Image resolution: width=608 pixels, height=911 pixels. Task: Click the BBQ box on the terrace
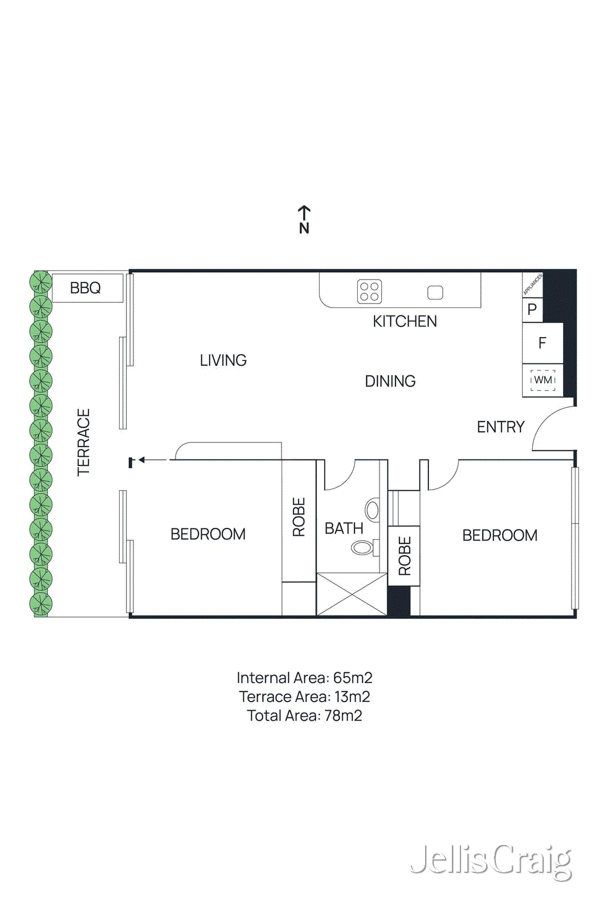87,288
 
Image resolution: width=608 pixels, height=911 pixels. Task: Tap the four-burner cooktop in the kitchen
369,292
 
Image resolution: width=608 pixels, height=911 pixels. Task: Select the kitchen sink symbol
435,292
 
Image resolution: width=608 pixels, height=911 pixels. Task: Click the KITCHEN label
405,322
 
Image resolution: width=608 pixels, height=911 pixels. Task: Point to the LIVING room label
223,360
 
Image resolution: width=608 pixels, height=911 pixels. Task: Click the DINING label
390,381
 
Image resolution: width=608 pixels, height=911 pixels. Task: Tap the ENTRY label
500,427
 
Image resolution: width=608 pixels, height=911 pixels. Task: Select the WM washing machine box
542,380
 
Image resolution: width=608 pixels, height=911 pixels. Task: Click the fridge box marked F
542,343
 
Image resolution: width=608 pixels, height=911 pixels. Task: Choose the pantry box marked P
532,310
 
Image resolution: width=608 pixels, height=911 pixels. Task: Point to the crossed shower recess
352,594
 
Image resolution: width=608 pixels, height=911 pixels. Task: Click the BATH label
344,528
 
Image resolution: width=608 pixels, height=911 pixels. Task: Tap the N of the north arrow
304,228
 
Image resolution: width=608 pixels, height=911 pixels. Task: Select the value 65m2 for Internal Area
353,678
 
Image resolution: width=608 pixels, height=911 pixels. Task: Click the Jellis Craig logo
491,861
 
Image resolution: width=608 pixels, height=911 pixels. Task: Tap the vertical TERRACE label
84,442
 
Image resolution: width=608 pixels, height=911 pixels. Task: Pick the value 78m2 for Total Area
343,716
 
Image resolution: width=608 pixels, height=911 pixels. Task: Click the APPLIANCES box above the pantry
532,284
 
